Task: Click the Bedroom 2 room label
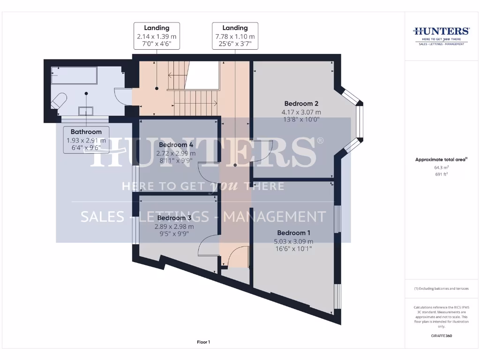[301, 104]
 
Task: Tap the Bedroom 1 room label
[294, 233]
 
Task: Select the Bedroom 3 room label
[174, 218]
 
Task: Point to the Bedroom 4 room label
[176, 145]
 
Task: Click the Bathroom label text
[86, 132]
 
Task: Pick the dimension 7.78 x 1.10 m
[235, 37]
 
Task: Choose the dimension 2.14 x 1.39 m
[157, 37]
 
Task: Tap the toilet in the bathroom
[59, 101]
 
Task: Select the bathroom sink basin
[86, 111]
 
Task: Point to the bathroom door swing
[121, 96]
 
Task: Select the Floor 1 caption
[203, 342]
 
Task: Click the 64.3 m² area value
[441, 167]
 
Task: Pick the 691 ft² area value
[441, 174]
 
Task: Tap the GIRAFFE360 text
[441, 336]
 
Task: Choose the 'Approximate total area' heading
[441, 160]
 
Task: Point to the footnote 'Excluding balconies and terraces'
[441, 289]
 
